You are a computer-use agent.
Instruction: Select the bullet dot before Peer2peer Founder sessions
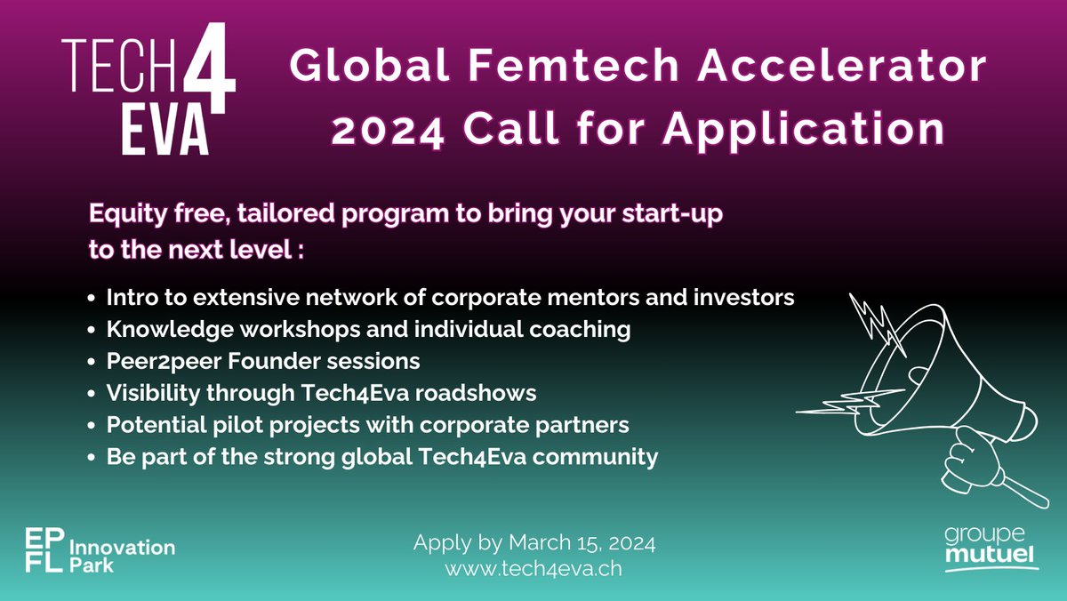[x=94, y=363]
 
